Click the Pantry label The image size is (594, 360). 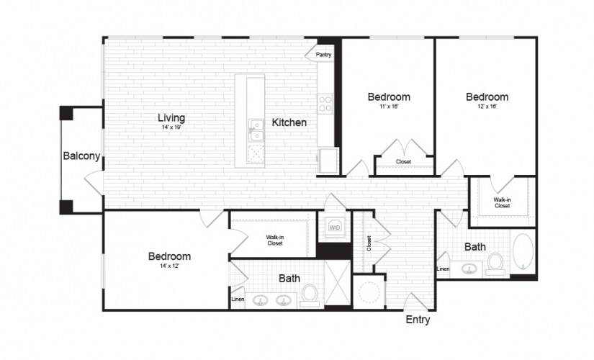[x=323, y=55]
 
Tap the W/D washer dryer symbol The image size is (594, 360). [x=335, y=228]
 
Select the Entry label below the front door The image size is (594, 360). [x=418, y=320]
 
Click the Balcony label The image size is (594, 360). [x=81, y=156]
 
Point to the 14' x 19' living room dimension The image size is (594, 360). [x=171, y=127]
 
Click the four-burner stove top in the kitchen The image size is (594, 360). [x=325, y=104]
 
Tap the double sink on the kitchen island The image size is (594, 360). [x=256, y=130]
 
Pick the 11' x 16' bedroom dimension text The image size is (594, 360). [x=389, y=107]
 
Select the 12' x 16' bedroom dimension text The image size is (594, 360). [x=487, y=107]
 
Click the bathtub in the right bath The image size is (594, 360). [x=523, y=251]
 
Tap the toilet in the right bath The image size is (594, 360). [x=495, y=264]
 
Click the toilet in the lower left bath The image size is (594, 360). [x=310, y=296]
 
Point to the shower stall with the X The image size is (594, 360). [x=338, y=282]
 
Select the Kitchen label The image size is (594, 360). [x=289, y=122]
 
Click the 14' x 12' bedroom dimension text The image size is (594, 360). [x=170, y=266]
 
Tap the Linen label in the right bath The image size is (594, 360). [x=443, y=269]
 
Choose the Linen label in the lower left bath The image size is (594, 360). [x=238, y=300]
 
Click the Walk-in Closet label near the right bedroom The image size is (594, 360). [x=502, y=203]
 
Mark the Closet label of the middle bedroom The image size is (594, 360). [x=403, y=162]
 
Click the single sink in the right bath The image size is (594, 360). [x=469, y=269]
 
